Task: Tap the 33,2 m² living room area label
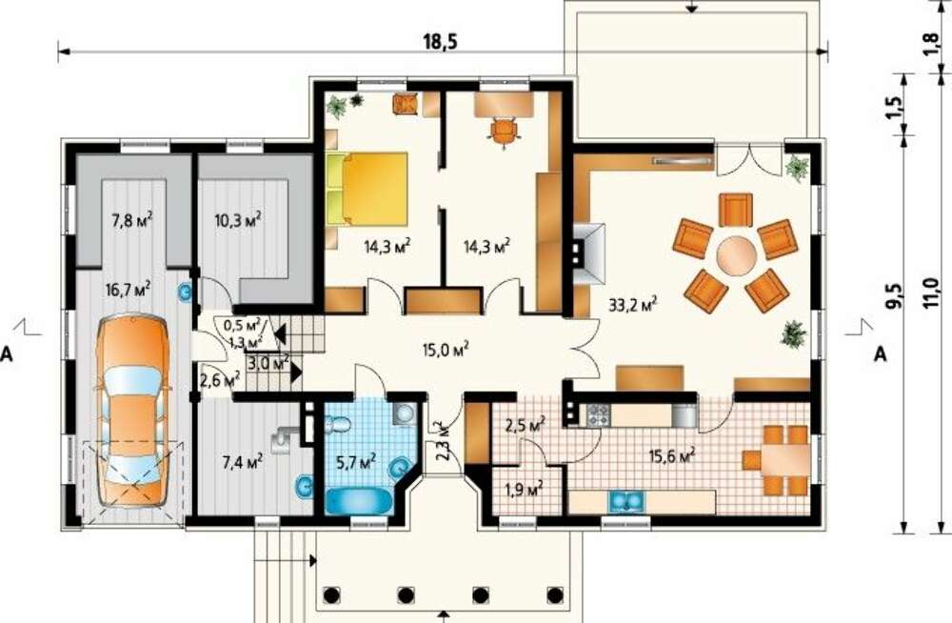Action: click(x=632, y=304)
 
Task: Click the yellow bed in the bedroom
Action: click(x=367, y=189)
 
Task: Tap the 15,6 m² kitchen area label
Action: click(x=671, y=455)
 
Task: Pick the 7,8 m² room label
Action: click(x=131, y=219)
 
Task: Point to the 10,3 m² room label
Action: click(x=238, y=219)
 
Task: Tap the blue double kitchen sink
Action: click(x=626, y=501)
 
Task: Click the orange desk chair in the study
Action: click(x=503, y=131)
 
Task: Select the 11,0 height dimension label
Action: click(x=929, y=293)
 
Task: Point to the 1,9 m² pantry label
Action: click(x=524, y=489)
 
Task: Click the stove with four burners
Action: click(x=597, y=415)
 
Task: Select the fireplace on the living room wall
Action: click(x=587, y=253)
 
